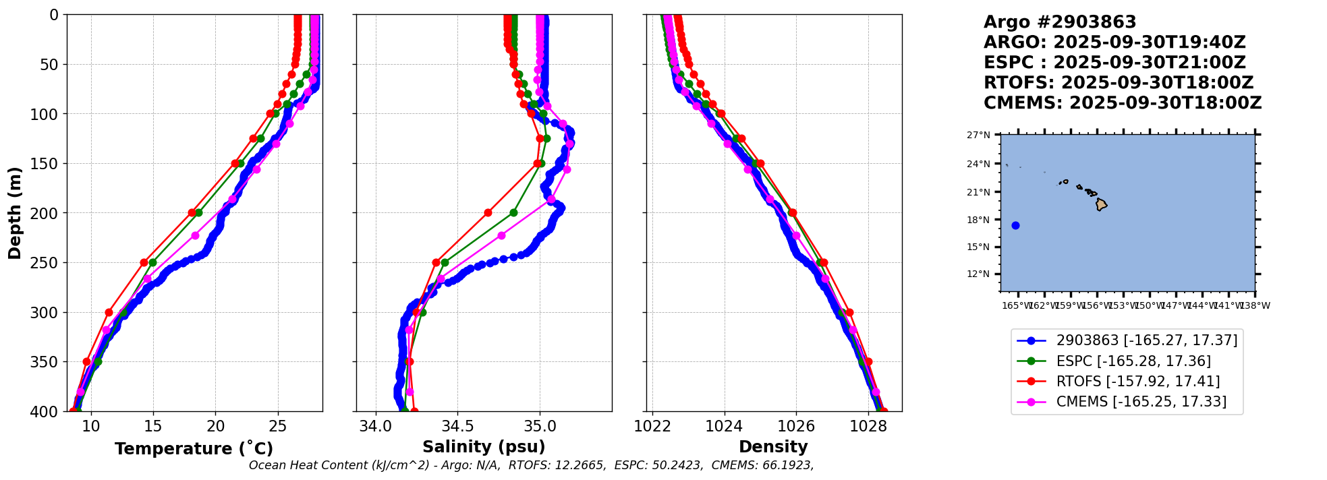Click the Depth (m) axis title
(15, 213)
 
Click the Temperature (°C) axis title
(194, 448)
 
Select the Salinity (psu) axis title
(484, 447)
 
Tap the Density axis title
(773, 447)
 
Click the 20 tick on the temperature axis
(216, 426)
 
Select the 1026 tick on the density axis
(796, 426)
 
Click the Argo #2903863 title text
(1060, 22)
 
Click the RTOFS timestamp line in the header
(1119, 83)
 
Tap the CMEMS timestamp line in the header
(1123, 103)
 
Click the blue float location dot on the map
(1015, 225)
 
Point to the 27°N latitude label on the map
(978, 136)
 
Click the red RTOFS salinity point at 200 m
(488, 213)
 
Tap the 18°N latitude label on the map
(978, 220)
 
